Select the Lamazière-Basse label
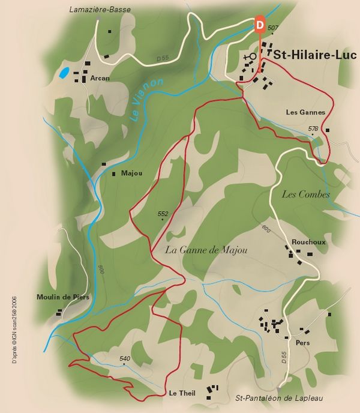coord(99,10)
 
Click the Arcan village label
coord(100,77)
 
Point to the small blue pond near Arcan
coord(63,74)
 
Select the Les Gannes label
coord(305,112)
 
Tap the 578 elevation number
coord(313,128)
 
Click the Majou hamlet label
coord(131,173)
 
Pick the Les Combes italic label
coord(306,194)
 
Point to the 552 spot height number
coord(163,214)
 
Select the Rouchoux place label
coord(308,242)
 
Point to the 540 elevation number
coord(125,359)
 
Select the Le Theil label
coord(181,393)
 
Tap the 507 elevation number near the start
coord(274,28)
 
